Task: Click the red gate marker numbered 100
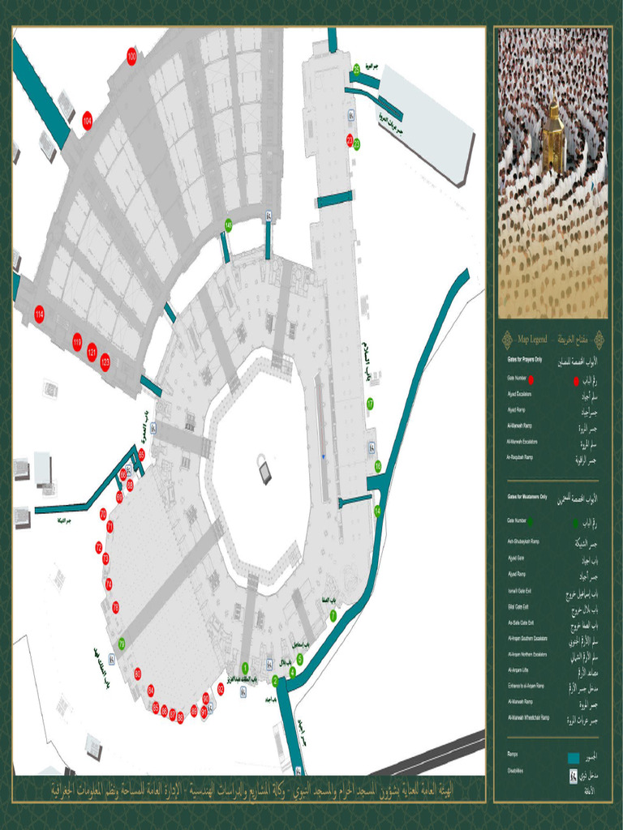pyautogui.click(x=131, y=56)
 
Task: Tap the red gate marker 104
pyautogui.click(x=87, y=120)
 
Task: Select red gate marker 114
pyautogui.click(x=39, y=314)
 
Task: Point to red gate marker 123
pyautogui.click(x=105, y=362)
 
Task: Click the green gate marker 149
pyautogui.click(x=229, y=225)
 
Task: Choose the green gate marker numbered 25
pyautogui.click(x=356, y=70)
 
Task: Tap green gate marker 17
pyautogui.click(x=370, y=403)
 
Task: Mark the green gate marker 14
pyautogui.click(x=377, y=511)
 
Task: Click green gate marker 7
pyautogui.click(x=333, y=616)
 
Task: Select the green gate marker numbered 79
pyautogui.click(x=122, y=644)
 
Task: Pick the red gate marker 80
pyautogui.click(x=138, y=674)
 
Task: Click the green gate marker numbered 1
pyautogui.click(x=245, y=667)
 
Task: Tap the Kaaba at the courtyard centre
pyautogui.click(x=263, y=470)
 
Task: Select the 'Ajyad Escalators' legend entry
pyautogui.click(x=519, y=394)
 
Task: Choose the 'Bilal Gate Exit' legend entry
pyautogui.click(x=518, y=606)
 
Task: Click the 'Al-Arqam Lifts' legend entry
pyautogui.click(x=517, y=670)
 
